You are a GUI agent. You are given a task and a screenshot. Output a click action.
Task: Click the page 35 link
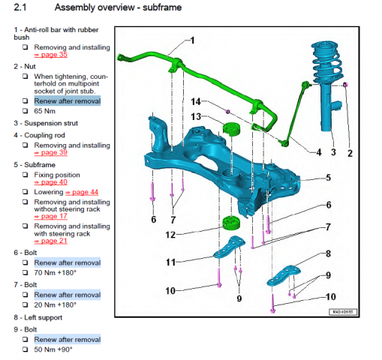tap(51, 55)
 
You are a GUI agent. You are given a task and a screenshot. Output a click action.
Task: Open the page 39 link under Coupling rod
tap(51, 152)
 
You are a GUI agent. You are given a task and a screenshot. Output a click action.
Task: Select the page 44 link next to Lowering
tap(82, 192)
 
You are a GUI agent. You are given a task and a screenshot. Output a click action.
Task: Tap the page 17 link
tap(51, 216)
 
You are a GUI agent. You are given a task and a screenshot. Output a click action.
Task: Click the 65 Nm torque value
tap(45, 111)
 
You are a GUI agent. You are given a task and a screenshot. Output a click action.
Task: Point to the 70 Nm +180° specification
tap(56, 272)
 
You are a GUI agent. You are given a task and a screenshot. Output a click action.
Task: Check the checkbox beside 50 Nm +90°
tap(25, 349)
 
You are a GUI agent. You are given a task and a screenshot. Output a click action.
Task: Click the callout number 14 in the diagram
tap(196, 102)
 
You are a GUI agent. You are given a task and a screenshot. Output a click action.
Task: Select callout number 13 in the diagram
tap(196, 116)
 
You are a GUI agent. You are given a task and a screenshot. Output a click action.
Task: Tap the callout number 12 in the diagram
tap(170, 235)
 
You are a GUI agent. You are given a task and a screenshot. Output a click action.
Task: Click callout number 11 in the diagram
tap(171, 262)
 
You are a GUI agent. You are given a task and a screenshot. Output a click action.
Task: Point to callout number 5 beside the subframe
tap(329, 178)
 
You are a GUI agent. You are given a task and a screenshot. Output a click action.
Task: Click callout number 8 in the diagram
tap(329, 253)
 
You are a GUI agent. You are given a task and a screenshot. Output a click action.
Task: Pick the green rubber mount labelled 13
tap(231, 129)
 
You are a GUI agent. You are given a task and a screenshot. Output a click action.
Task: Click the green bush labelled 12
tap(231, 223)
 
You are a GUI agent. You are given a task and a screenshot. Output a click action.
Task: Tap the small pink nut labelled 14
tap(227, 112)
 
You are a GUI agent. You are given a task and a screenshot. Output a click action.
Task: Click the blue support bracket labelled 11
tap(229, 247)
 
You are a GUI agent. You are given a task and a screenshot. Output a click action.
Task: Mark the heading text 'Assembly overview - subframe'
tap(118, 7)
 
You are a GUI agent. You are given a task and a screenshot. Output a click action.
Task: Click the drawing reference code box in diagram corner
tap(343, 312)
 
